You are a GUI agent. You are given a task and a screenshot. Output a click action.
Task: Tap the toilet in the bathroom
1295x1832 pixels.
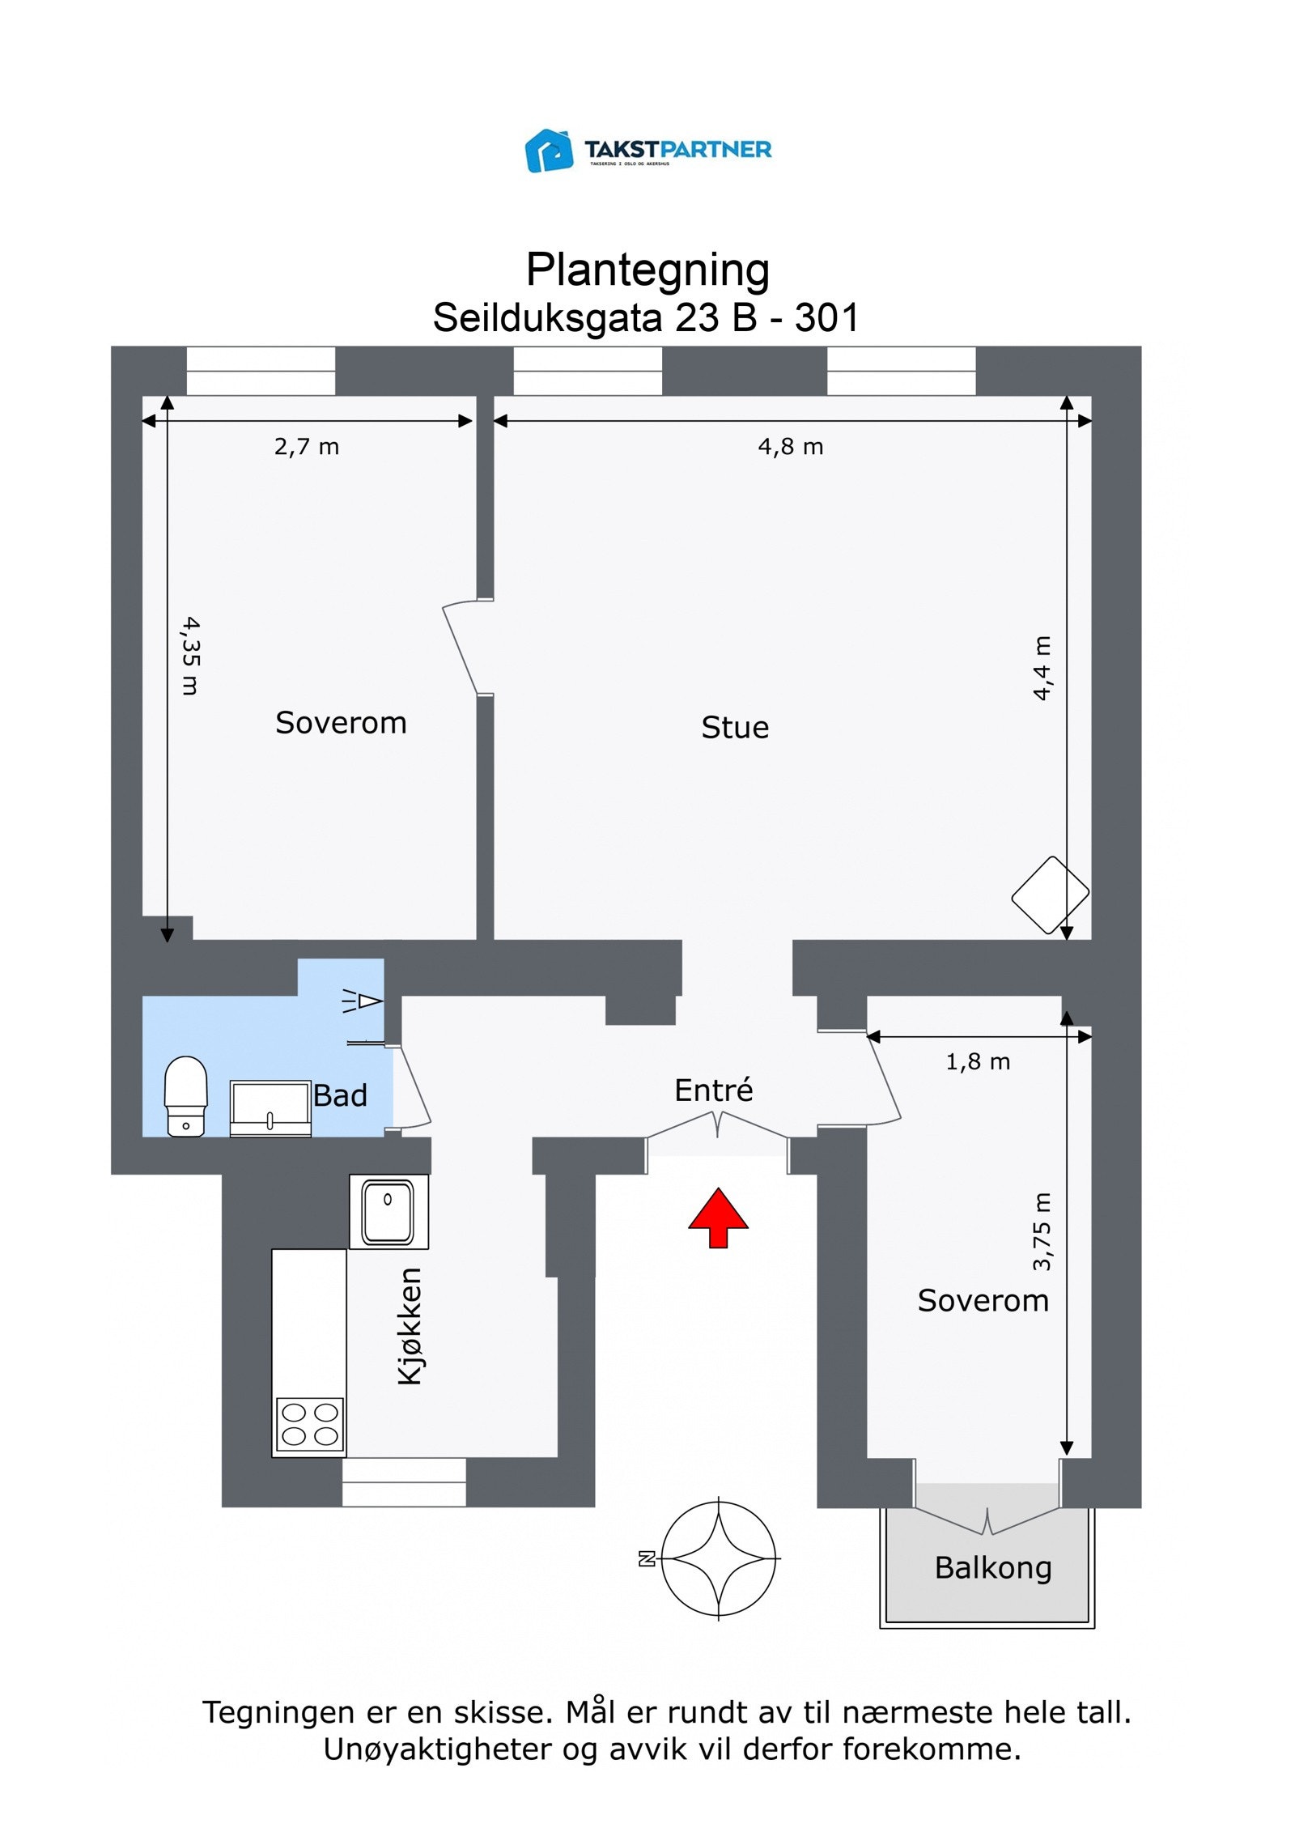(186, 1096)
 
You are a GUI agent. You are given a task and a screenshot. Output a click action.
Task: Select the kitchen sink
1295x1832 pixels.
(388, 1212)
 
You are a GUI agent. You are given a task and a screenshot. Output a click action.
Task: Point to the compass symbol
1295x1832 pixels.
(719, 1558)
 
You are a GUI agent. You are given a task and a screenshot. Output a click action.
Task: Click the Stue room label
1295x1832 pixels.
(735, 728)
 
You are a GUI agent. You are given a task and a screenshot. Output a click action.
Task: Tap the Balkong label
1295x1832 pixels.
(993, 1568)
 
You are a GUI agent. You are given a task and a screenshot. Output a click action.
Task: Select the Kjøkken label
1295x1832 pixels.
(410, 1326)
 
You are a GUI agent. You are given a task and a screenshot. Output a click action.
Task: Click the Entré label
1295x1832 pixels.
(713, 1090)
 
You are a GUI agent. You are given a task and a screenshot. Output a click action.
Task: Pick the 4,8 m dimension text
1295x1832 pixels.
(791, 447)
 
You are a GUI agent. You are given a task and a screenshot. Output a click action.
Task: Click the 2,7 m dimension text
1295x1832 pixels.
(307, 447)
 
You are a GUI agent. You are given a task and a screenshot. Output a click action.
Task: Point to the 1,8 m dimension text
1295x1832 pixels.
(978, 1062)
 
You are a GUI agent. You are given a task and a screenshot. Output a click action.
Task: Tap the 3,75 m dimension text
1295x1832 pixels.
(1042, 1231)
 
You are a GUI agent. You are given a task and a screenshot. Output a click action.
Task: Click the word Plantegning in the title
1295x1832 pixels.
(647, 270)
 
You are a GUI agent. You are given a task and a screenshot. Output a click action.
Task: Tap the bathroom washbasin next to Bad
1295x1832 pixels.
(270, 1107)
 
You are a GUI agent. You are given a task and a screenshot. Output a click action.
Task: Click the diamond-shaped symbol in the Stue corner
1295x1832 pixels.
(1050, 895)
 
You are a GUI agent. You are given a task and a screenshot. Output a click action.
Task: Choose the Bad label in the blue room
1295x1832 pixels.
(340, 1096)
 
